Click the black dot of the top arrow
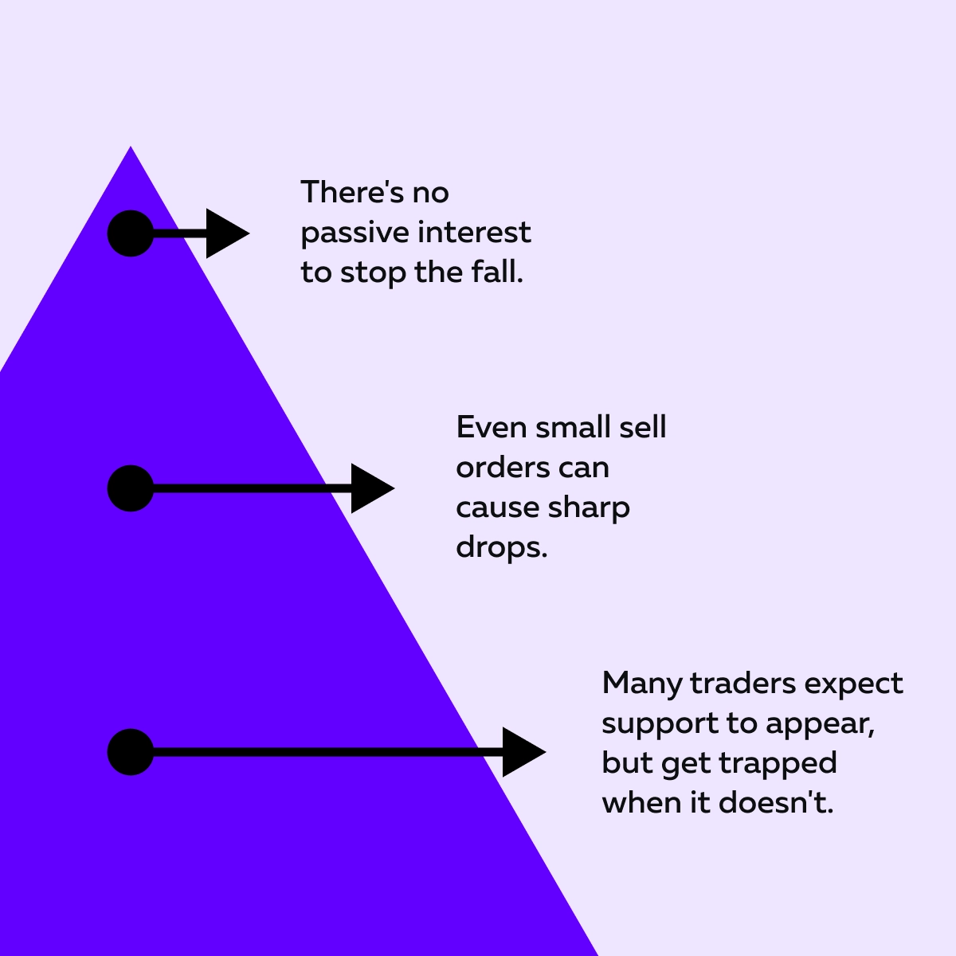tap(131, 233)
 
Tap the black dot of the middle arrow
tap(131, 488)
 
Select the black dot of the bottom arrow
tap(131, 752)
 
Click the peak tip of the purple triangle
tap(131, 147)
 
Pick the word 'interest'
tap(474, 232)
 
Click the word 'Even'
tap(492, 427)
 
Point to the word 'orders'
tap(503, 468)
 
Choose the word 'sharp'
tap(589, 509)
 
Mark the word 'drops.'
tap(502, 547)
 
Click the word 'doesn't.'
tap(776, 802)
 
